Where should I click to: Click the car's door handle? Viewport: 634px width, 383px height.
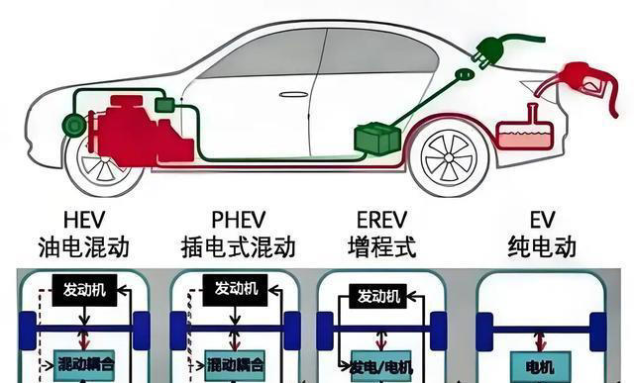tap(293, 95)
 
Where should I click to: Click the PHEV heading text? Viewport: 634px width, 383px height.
tap(234, 219)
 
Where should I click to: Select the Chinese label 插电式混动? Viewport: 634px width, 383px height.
tap(234, 245)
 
